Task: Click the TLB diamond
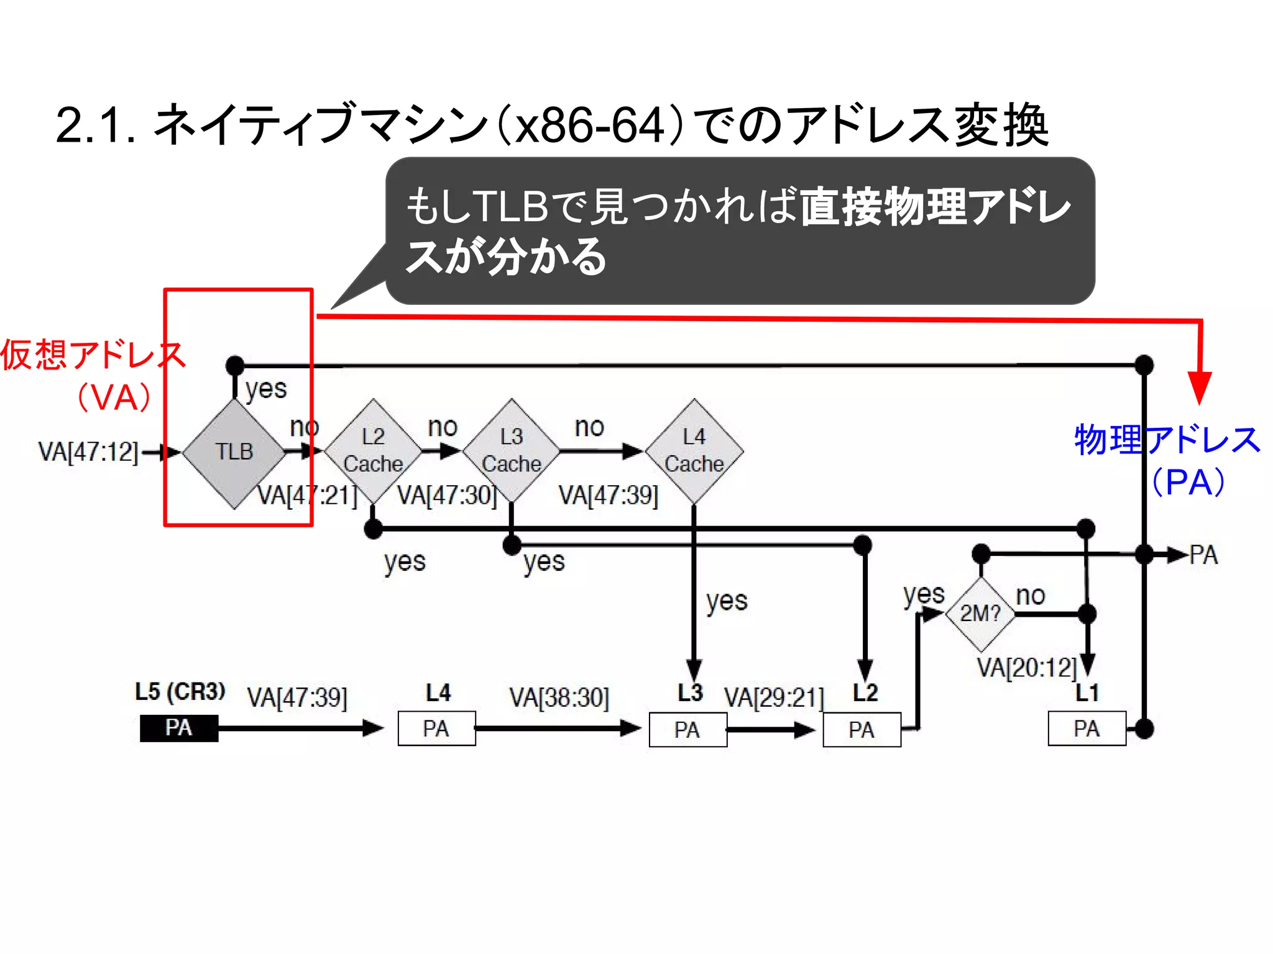(x=234, y=453)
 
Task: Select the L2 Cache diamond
(x=373, y=452)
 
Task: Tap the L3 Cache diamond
(x=512, y=452)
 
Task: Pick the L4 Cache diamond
(x=694, y=452)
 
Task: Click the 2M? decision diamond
(x=980, y=614)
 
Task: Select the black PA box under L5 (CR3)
(x=179, y=728)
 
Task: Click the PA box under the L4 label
(x=436, y=729)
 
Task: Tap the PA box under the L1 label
(x=1087, y=729)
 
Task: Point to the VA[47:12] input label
(x=88, y=452)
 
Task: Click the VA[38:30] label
(x=559, y=697)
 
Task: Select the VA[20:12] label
(x=1026, y=668)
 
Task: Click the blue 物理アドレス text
(x=1167, y=440)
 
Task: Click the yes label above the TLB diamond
(x=266, y=389)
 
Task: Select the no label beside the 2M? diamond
(x=1030, y=596)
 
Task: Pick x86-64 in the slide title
(x=590, y=126)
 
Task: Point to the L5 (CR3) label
(x=180, y=692)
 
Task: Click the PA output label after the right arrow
(x=1203, y=555)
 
